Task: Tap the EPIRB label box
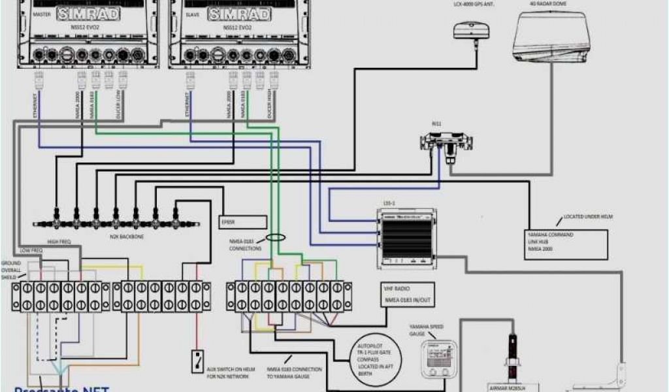[242, 222]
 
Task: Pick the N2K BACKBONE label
[126, 236]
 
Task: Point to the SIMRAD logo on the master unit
[89, 13]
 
